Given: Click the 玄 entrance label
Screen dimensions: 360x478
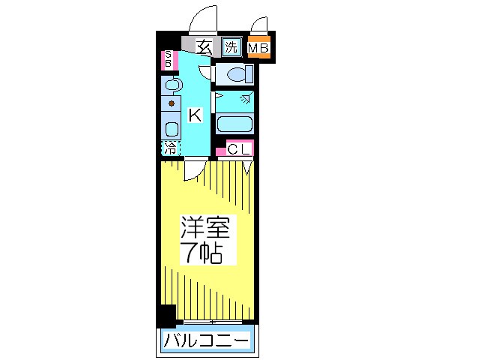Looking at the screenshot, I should coord(202,47).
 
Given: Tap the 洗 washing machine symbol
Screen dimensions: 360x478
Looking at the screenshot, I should coord(231,47).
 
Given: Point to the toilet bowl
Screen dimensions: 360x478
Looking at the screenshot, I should coord(238,74).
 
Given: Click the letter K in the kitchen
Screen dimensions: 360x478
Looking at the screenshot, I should coord(194,115).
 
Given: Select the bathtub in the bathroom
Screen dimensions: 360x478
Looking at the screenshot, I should coord(235,124).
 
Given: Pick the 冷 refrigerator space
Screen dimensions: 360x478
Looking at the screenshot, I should coord(170,148).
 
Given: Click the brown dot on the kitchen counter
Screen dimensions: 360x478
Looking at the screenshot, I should coord(172,103).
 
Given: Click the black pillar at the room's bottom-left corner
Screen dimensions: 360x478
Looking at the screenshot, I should coord(166,315).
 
